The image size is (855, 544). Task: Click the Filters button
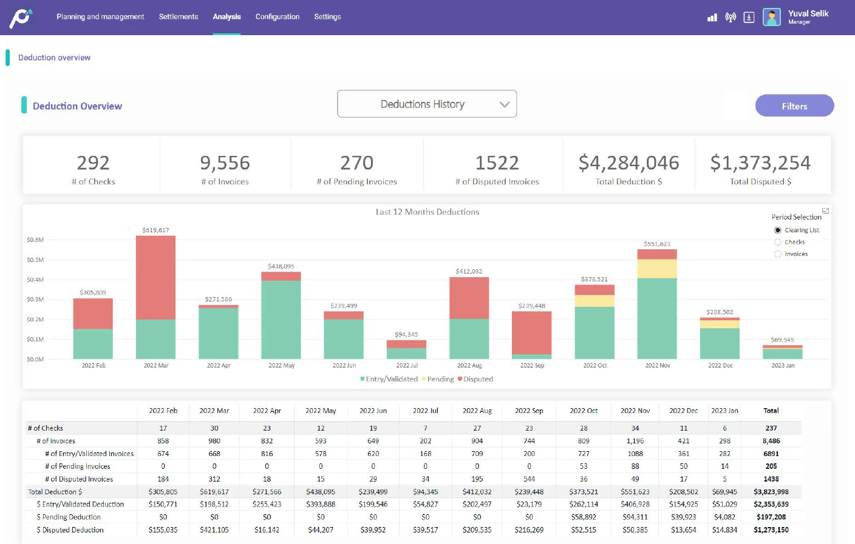[794, 106]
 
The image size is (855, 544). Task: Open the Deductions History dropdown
[427, 104]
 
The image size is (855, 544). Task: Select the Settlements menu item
[179, 17]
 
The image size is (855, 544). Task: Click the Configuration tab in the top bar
[278, 17]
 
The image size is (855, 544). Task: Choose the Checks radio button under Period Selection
[778, 242]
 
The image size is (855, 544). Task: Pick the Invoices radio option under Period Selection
[778, 254]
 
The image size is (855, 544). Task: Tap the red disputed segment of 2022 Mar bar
[156, 277]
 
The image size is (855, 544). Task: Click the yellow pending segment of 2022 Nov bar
[657, 269]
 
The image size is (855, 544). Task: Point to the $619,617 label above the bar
[156, 230]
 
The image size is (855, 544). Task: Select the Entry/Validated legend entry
[391, 379]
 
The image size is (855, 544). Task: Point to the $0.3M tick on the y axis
[35, 300]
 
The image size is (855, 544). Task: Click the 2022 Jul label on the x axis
[407, 366]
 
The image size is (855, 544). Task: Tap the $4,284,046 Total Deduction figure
[628, 163]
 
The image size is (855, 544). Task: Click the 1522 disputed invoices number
[497, 163]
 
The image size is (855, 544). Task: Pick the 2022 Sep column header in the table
[529, 411]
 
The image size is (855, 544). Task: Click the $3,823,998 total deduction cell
[771, 492]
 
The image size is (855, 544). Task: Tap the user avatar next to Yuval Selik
[772, 17]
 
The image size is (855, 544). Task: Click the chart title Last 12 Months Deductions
[428, 212]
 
